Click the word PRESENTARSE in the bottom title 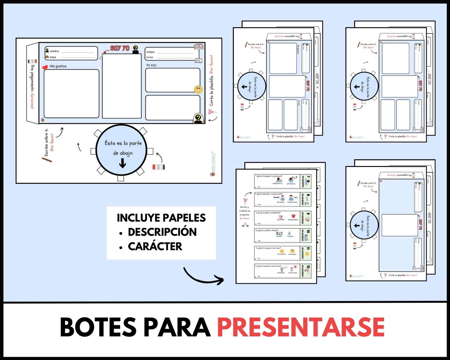click(301, 327)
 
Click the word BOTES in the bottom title click(98, 327)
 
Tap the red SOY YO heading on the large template click(120, 48)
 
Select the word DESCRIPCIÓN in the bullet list click(162, 232)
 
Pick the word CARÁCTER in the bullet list click(155, 246)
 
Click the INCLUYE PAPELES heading click(161, 218)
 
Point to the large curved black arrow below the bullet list click(203, 277)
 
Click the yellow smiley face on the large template click(198, 89)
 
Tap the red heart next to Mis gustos click(45, 67)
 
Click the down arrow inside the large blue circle click(122, 164)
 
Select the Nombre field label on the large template click(54, 51)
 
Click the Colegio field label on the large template click(150, 52)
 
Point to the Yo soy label click(151, 65)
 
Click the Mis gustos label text click(58, 66)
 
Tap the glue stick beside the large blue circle click(158, 167)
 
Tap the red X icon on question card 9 click(293, 216)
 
